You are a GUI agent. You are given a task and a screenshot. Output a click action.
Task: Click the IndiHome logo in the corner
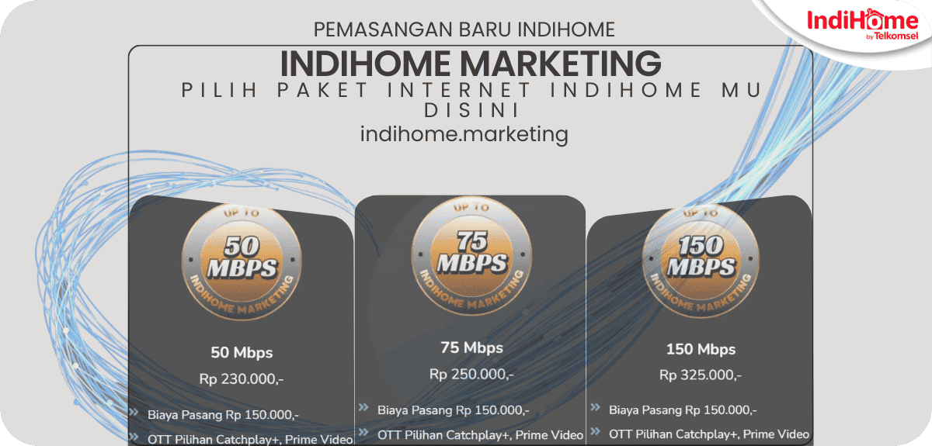(x=861, y=25)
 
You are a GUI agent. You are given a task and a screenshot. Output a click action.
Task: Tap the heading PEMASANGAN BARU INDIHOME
(x=464, y=29)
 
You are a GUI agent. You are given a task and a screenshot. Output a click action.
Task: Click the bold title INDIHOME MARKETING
(x=470, y=63)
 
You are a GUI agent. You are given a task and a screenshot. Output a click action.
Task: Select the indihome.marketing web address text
(x=464, y=134)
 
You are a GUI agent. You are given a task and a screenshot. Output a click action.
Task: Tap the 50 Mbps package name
(x=242, y=353)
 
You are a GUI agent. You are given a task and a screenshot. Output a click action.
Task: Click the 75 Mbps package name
(x=471, y=347)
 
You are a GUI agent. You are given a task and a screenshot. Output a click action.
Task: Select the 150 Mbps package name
(x=701, y=349)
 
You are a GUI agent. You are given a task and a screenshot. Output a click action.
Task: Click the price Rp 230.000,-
(x=241, y=380)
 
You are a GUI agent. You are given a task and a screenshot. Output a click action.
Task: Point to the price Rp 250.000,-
(x=471, y=375)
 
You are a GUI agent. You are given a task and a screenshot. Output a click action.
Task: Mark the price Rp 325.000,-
(x=701, y=375)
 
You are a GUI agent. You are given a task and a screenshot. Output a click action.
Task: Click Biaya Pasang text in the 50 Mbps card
(x=223, y=414)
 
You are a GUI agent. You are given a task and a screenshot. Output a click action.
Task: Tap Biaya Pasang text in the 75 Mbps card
(x=453, y=410)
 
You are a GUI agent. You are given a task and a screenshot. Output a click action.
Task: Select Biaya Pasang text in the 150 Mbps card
(x=683, y=410)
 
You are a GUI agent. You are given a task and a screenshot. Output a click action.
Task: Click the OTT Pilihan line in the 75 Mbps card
(x=480, y=435)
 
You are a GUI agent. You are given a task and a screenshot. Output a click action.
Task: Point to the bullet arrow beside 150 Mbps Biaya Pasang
(x=595, y=408)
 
